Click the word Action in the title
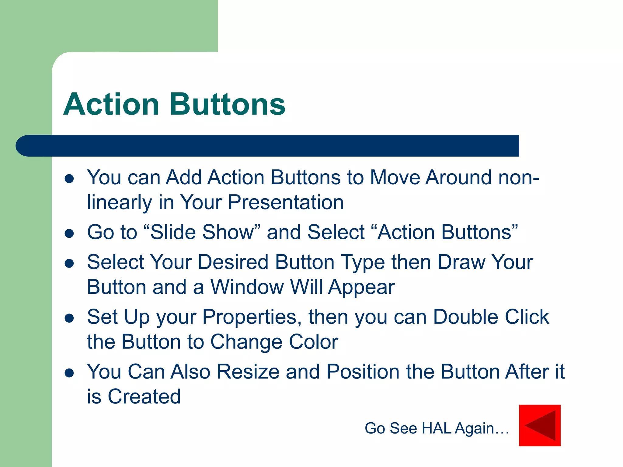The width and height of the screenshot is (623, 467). (111, 104)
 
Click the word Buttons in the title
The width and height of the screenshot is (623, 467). (228, 104)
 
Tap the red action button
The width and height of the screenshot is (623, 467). (540, 425)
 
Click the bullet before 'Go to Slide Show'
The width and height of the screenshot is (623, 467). (69, 233)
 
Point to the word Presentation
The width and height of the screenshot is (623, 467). (286, 202)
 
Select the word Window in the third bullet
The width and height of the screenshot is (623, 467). (247, 287)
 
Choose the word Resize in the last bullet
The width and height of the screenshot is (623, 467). (248, 372)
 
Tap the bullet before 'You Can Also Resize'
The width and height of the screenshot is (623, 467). (69, 373)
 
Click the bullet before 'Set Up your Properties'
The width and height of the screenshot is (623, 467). (69, 318)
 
